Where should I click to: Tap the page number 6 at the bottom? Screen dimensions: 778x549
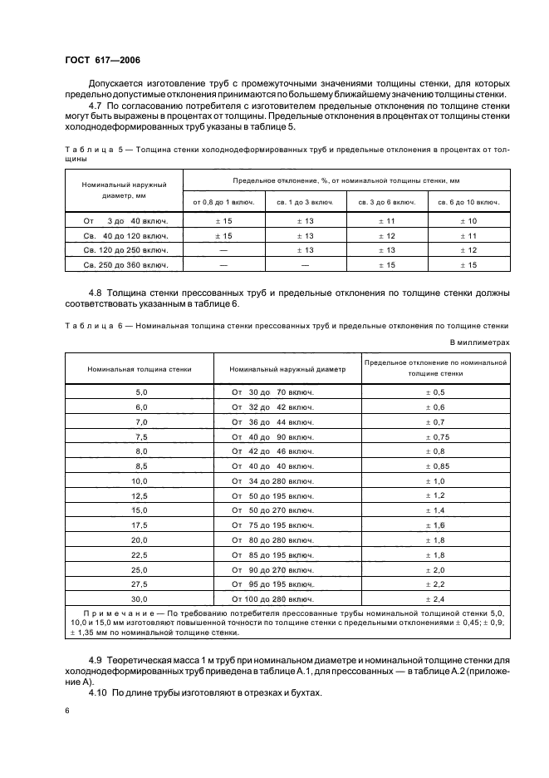(66, 711)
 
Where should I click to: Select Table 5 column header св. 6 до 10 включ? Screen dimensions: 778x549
(468, 202)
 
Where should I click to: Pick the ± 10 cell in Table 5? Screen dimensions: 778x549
(468, 220)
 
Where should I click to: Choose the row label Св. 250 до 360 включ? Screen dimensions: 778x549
(125, 265)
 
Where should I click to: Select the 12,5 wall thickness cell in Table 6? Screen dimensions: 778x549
(140, 495)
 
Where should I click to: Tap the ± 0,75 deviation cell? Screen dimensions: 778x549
(435, 436)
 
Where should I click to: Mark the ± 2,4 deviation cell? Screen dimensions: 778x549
(435, 598)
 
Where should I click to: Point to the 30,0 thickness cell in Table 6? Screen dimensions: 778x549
(140, 598)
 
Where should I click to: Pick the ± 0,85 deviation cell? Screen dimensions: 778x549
(435, 465)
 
